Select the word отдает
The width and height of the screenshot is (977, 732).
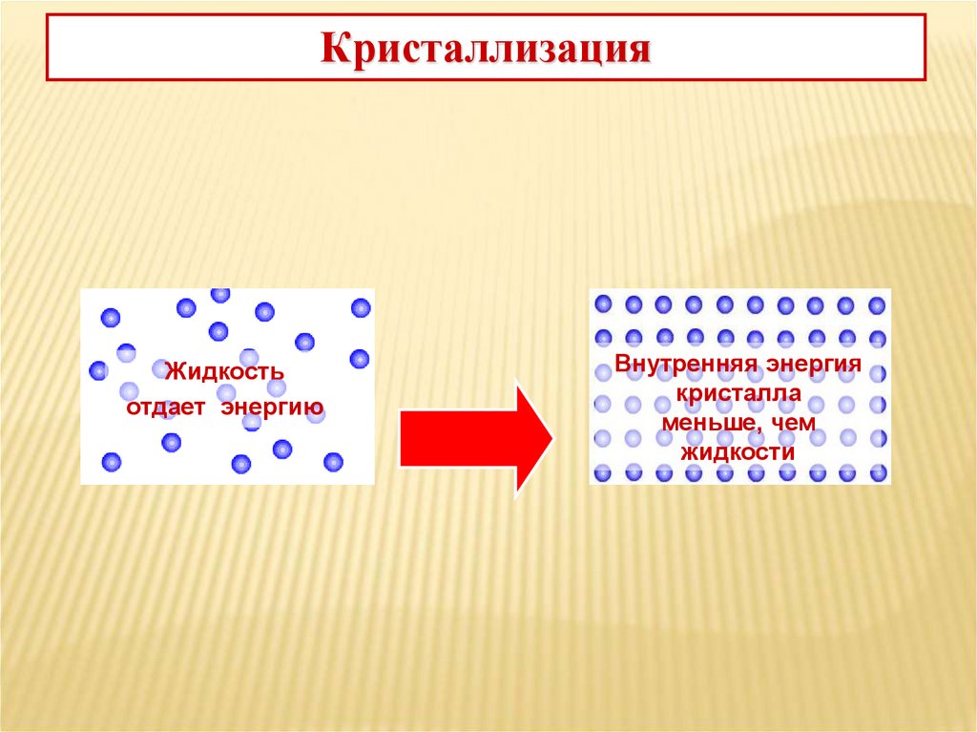tap(168, 409)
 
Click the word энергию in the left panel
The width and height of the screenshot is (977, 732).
tap(273, 409)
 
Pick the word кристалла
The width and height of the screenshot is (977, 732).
tap(739, 393)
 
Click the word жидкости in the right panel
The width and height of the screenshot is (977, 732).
tap(738, 451)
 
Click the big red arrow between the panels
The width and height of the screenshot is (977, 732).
tap(474, 439)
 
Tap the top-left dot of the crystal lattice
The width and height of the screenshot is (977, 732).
tap(603, 304)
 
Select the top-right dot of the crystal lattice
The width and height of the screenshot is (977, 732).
tap(877, 305)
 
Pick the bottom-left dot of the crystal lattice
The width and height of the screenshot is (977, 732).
tap(603, 472)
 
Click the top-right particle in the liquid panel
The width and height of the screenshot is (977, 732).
tap(361, 307)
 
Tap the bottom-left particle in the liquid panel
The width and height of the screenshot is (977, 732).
tap(112, 462)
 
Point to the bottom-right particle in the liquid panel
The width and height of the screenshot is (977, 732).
tap(333, 462)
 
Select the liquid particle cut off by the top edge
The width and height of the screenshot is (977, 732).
tap(220, 294)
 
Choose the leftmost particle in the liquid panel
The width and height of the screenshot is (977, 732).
tap(98, 370)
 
